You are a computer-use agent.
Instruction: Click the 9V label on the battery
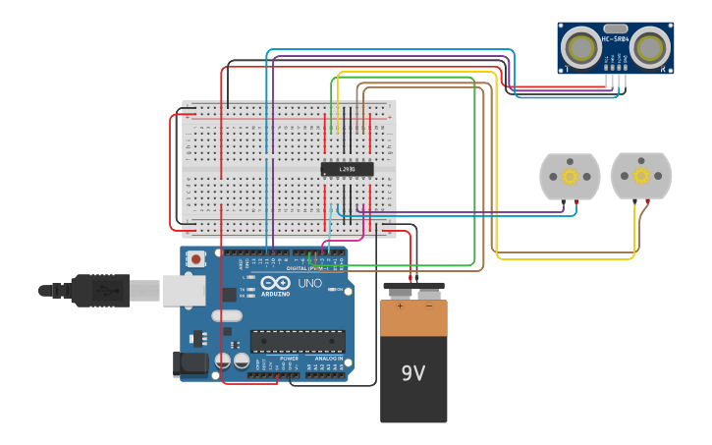[413, 373]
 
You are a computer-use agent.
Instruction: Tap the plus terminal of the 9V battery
[400, 292]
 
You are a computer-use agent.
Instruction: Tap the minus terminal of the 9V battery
[429, 292]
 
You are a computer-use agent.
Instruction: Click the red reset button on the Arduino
[196, 259]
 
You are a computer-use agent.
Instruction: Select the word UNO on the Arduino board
[309, 283]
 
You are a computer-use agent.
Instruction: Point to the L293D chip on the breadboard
[348, 169]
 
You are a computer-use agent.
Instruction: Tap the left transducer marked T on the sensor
[582, 46]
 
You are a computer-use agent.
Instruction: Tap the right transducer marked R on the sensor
[649, 46]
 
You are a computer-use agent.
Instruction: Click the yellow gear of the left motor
[570, 177]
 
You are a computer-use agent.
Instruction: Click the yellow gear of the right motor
[641, 176]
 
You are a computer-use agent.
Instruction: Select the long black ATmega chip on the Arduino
[298, 341]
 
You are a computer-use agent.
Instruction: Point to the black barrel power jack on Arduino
[192, 364]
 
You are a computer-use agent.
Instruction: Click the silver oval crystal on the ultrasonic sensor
[616, 30]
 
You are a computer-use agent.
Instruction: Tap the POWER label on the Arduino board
[290, 359]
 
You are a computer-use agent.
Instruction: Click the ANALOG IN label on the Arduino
[328, 359]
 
